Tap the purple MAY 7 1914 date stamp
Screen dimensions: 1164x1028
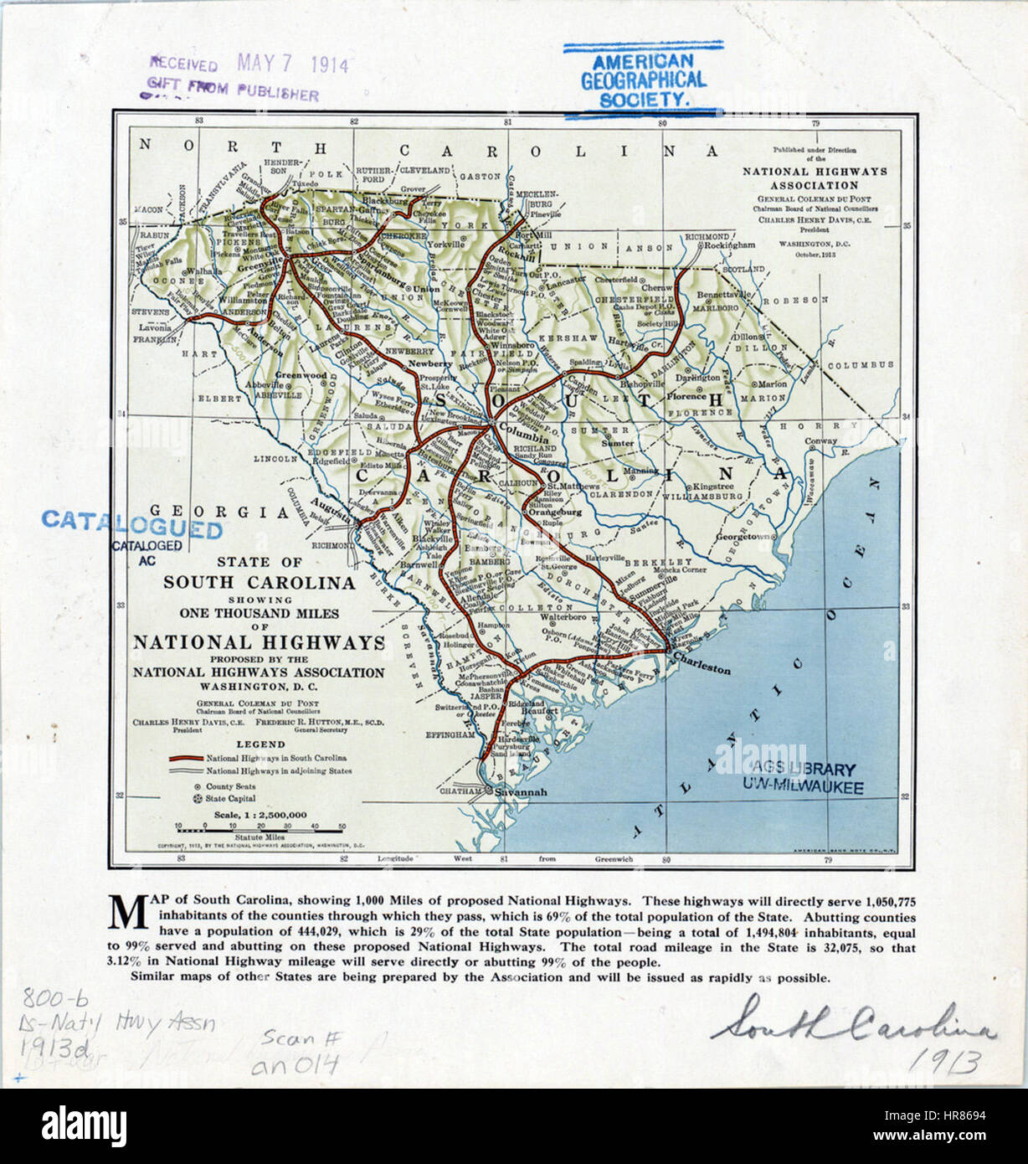292,64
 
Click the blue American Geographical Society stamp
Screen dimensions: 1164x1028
643,80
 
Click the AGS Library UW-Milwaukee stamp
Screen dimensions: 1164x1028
802,778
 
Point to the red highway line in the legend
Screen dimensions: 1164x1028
186,758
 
